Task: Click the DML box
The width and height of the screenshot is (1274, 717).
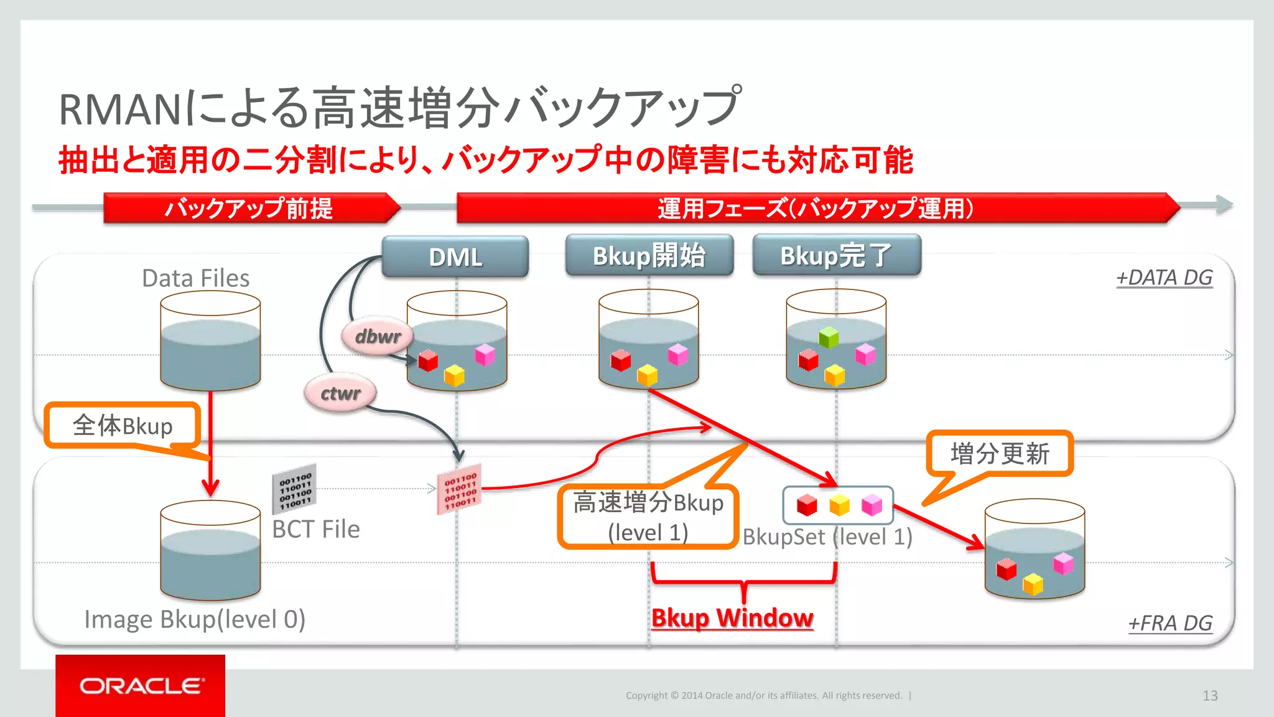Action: click(x=455, y=256)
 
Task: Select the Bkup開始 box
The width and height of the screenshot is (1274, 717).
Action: click(x=649, y=255)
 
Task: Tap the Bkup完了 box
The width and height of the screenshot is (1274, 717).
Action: click(x=836, y=255)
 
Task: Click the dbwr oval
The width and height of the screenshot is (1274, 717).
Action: click(x=377, y=337)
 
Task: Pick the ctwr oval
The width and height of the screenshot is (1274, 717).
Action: click(x=340, y=393)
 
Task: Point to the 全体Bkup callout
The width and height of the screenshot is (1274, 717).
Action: click(x=122, y=426)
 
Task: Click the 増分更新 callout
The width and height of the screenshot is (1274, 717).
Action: click(x=999, y=453)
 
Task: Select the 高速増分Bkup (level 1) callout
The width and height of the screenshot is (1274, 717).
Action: click(x=648, y=517)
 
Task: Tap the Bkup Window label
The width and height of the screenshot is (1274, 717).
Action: click(x=732, y=618)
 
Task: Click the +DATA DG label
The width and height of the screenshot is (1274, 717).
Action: click(x=1164, y=278)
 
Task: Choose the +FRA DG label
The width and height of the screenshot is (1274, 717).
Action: click(x=1170, y=623)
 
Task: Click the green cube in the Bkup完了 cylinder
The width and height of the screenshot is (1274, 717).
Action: click(x=829, y=337)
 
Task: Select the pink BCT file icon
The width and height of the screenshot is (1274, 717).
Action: click(x=460, y=489)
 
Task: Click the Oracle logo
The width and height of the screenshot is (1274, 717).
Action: click(x=141, y=686)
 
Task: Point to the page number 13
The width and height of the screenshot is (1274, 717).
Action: click(x=1209, y=695)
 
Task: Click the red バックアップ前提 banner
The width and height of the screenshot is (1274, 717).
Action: click(x=249, y=208)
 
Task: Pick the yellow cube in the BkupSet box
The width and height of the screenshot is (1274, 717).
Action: click(x=839, y=505)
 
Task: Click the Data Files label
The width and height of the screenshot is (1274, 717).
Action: click(x=195, y=278)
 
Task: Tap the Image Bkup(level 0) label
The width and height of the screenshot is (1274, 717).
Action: click(x=195, y=619)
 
